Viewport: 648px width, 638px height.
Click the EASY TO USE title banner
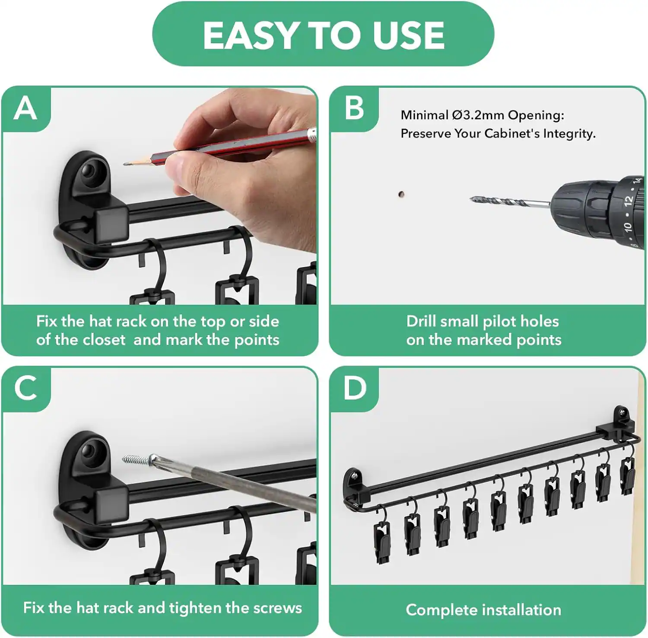point(323,35)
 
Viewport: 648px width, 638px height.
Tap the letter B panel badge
point(354,108)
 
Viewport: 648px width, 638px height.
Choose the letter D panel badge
point(354,388)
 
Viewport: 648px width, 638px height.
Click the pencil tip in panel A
point(126,164)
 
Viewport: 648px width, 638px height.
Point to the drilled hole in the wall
point(401,194)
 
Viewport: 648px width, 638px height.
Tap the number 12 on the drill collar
point(628,200)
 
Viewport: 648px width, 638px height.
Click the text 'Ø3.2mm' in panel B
point(478,115)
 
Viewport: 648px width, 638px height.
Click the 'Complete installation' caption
point(483,610)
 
